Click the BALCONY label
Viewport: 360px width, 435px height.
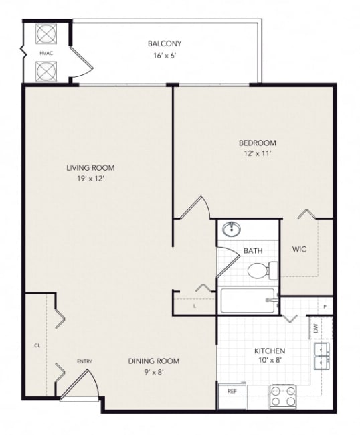[165, 44]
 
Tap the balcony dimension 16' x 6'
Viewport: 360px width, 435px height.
[165, 56]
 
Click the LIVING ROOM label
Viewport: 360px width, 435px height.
[90, 168]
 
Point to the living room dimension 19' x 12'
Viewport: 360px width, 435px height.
[90, 179]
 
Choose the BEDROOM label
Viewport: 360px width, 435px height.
[257, 143]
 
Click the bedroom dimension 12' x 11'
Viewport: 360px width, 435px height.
[257, 153]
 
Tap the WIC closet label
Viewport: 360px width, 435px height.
[300, 250]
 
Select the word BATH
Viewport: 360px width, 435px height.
[253, 251]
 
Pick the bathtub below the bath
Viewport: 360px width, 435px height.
[247, 300]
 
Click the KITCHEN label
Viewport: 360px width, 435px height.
[270, 351]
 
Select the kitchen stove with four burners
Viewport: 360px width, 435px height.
[282, 396]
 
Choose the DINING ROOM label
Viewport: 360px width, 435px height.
[154, 361]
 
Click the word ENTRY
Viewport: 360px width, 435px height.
[84, 362]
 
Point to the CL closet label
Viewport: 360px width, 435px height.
[37, 346]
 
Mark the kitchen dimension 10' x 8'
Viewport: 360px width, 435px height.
[270, 362]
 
